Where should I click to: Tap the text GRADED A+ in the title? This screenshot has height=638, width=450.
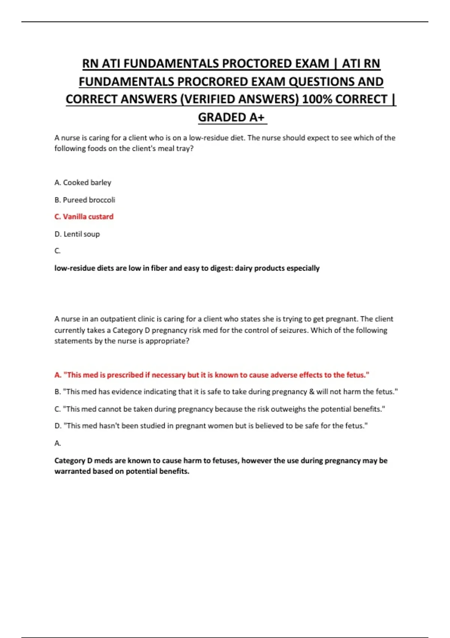pyautogui.click(x=231, y=117)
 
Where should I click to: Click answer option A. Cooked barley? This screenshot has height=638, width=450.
pyautogui.click(x=83, y=182)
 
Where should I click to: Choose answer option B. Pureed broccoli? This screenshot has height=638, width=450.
pyautogui.click(x=85, y=200)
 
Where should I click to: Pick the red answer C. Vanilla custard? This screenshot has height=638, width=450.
pyautogui.click(x=84, y=217)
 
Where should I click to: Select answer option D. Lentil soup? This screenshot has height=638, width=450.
pyautogui.click(x=77, y=234)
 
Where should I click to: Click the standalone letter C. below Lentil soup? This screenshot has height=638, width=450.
pyautogui.click(x=57, y=251)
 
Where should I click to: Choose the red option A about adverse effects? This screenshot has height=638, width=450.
pyautogui.click(x=212, y=375)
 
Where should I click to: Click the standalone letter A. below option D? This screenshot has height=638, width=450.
pyautogui.click(x=58, y=443)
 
